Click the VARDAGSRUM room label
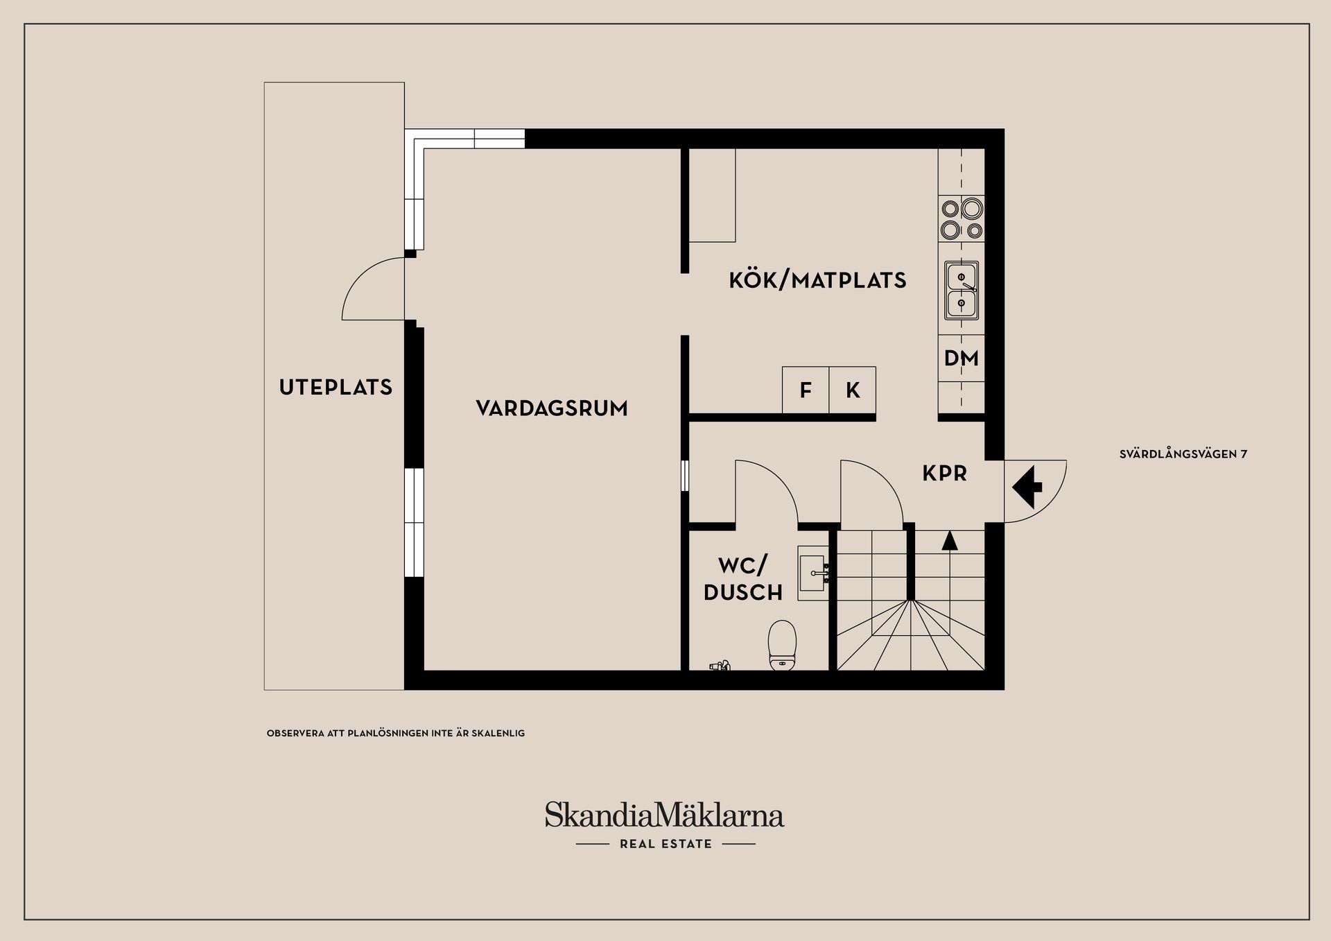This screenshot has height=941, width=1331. point(552,408)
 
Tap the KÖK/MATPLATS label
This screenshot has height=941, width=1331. point(817,280)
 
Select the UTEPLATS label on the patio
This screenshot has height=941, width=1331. point(336,387)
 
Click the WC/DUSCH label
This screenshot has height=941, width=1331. point(743,579)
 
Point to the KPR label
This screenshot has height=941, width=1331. point(944,474)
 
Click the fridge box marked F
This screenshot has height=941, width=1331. point(806,390)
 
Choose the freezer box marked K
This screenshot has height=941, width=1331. point(853,390)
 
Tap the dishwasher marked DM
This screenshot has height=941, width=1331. point(962,359)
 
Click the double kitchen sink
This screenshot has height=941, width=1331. point(962,291)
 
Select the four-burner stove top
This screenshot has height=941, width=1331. point(962,218)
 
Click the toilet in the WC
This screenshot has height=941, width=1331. point(783,645)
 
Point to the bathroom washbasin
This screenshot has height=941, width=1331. point(813,573)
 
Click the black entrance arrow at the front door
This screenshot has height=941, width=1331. point(1027,487)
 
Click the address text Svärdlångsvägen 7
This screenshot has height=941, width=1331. point(1183,454)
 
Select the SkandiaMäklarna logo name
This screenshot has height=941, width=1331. point(664,814)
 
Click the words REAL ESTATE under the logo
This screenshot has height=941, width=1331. point(666,844)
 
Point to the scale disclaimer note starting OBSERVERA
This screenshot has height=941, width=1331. point(396,733)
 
